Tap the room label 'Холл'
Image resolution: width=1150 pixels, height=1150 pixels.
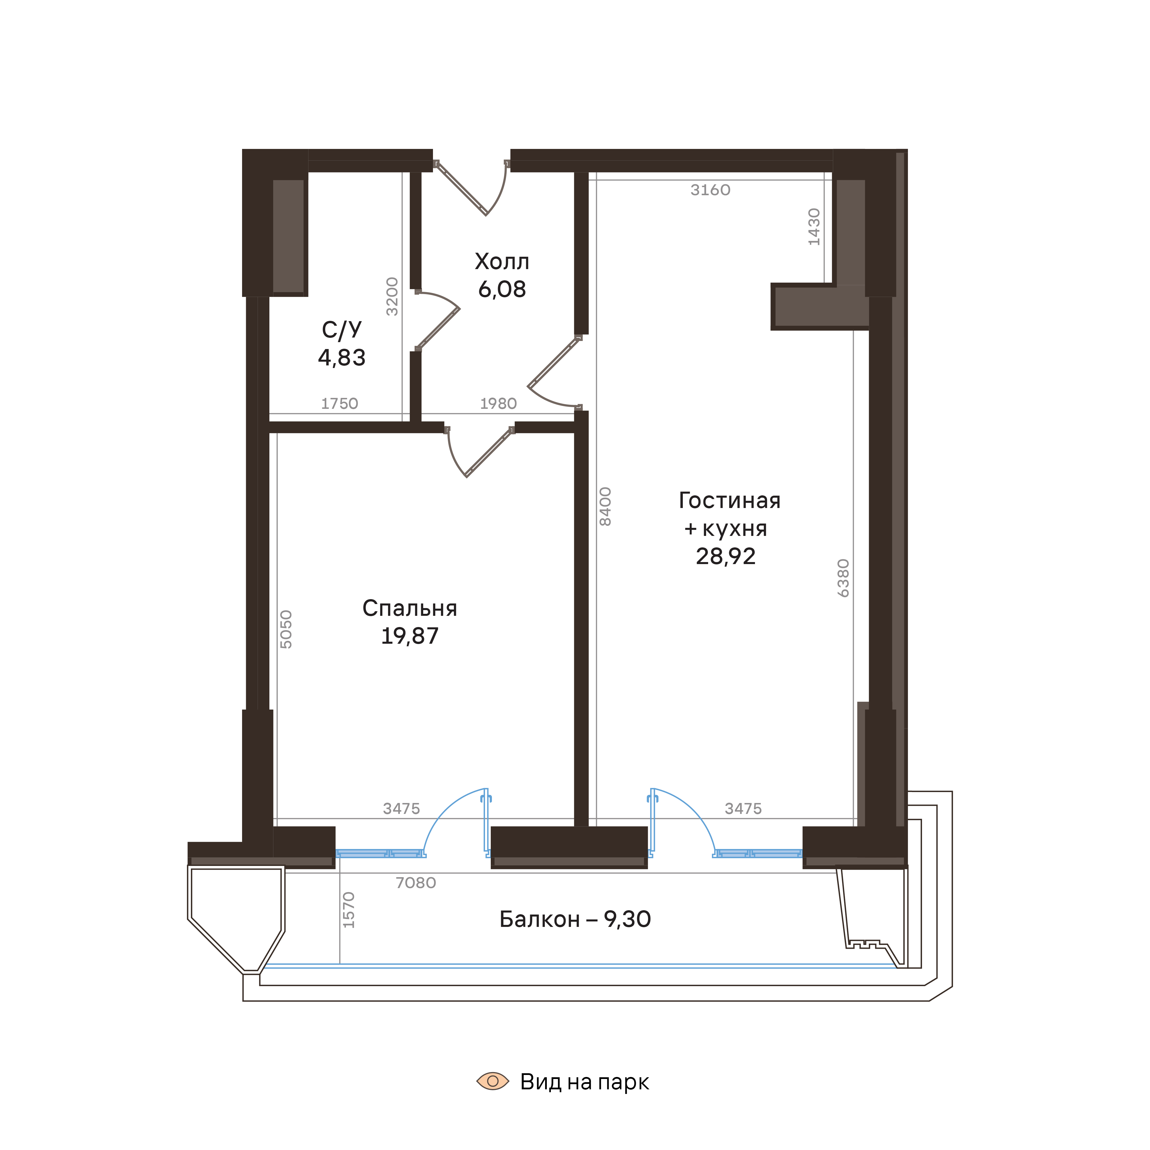coord(502,262)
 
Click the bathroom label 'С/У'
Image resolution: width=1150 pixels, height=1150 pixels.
coord(342,330)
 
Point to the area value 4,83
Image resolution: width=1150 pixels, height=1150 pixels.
coord(342,358)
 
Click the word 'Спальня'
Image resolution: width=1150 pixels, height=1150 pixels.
coord(409,608)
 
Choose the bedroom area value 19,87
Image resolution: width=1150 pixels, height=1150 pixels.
coord(409,636)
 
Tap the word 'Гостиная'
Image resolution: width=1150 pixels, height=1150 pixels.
coord(729,501)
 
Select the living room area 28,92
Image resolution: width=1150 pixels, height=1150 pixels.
coord(726,557)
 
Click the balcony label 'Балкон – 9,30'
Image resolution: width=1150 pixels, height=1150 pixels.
coord(575,920)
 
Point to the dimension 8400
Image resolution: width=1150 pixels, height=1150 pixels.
coord(605,507)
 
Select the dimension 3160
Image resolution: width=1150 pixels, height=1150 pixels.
coord(710,190)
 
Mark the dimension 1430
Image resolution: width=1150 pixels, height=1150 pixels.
coord(814,227)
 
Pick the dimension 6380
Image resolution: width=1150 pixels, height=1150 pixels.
coord(843,578)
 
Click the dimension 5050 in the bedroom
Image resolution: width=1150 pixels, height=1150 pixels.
coord(286,629)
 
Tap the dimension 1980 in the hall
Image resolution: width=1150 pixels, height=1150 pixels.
coord(498,404)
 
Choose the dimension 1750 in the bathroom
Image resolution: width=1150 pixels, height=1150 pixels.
coord(339,404)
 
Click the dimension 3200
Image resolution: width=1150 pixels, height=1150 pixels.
coord(392,296)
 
